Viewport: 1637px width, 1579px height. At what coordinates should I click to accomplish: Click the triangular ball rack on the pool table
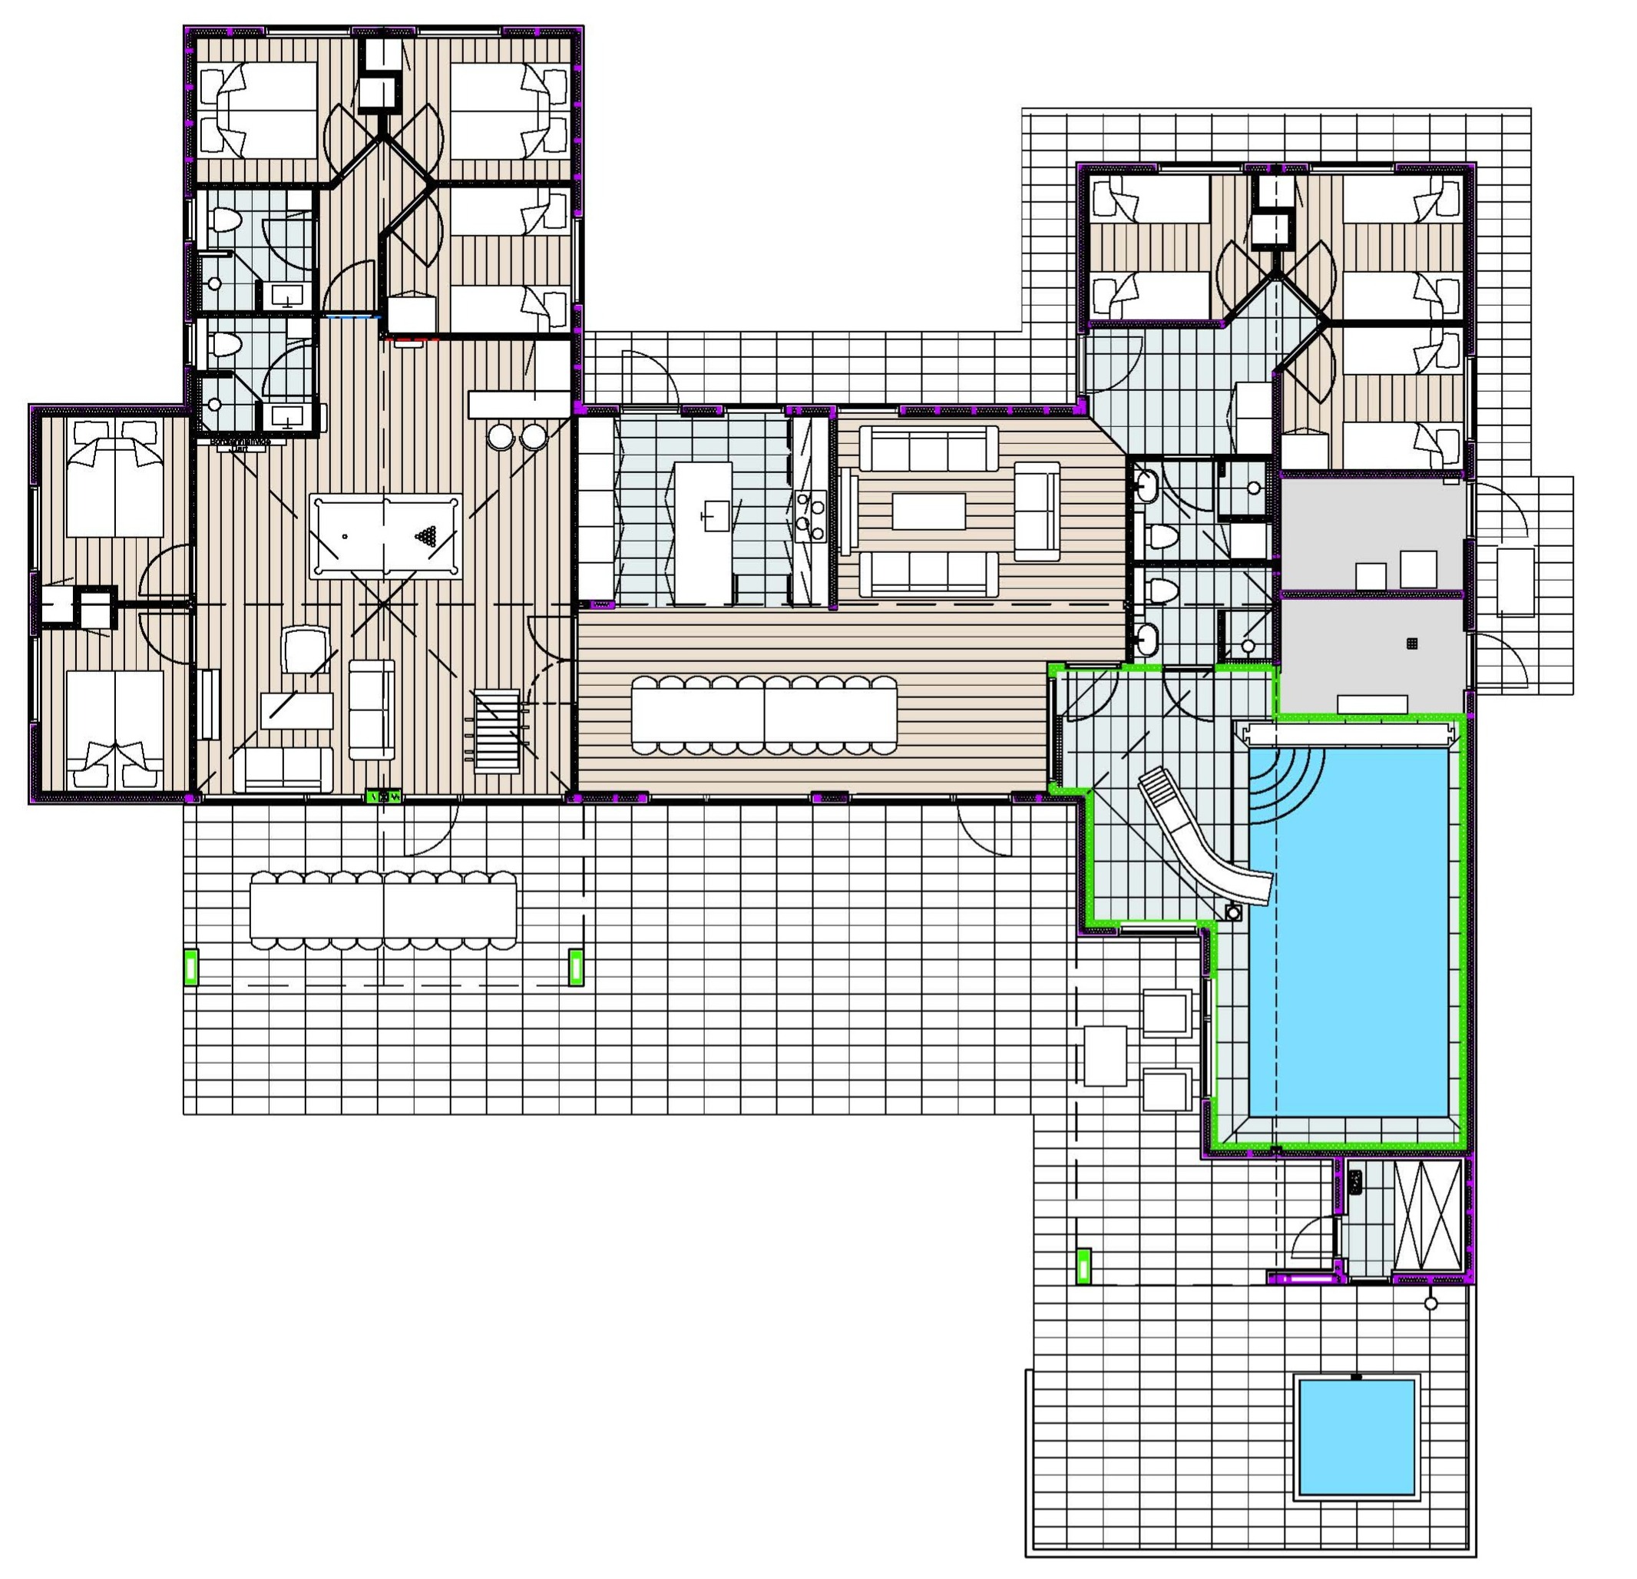tap(428, 535)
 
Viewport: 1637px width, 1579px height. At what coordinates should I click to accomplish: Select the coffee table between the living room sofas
tap(929, 511)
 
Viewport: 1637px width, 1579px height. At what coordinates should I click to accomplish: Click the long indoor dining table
tap(764, 715)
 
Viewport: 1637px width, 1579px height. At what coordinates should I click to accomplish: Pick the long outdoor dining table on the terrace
tap(383, 911)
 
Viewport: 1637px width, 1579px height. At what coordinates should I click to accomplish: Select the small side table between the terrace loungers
tap(1105, 1056)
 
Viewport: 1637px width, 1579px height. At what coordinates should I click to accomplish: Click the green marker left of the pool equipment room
tap(1083, 1265)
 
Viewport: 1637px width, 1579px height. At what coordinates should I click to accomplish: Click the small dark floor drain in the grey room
tap(1411, 643)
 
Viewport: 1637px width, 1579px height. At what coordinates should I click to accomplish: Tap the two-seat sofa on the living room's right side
tap(1037, 511)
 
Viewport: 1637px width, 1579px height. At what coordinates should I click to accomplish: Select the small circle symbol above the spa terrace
tap(1430, 1303)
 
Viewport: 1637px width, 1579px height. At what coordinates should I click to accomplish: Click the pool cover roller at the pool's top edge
tap(1345, 734)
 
